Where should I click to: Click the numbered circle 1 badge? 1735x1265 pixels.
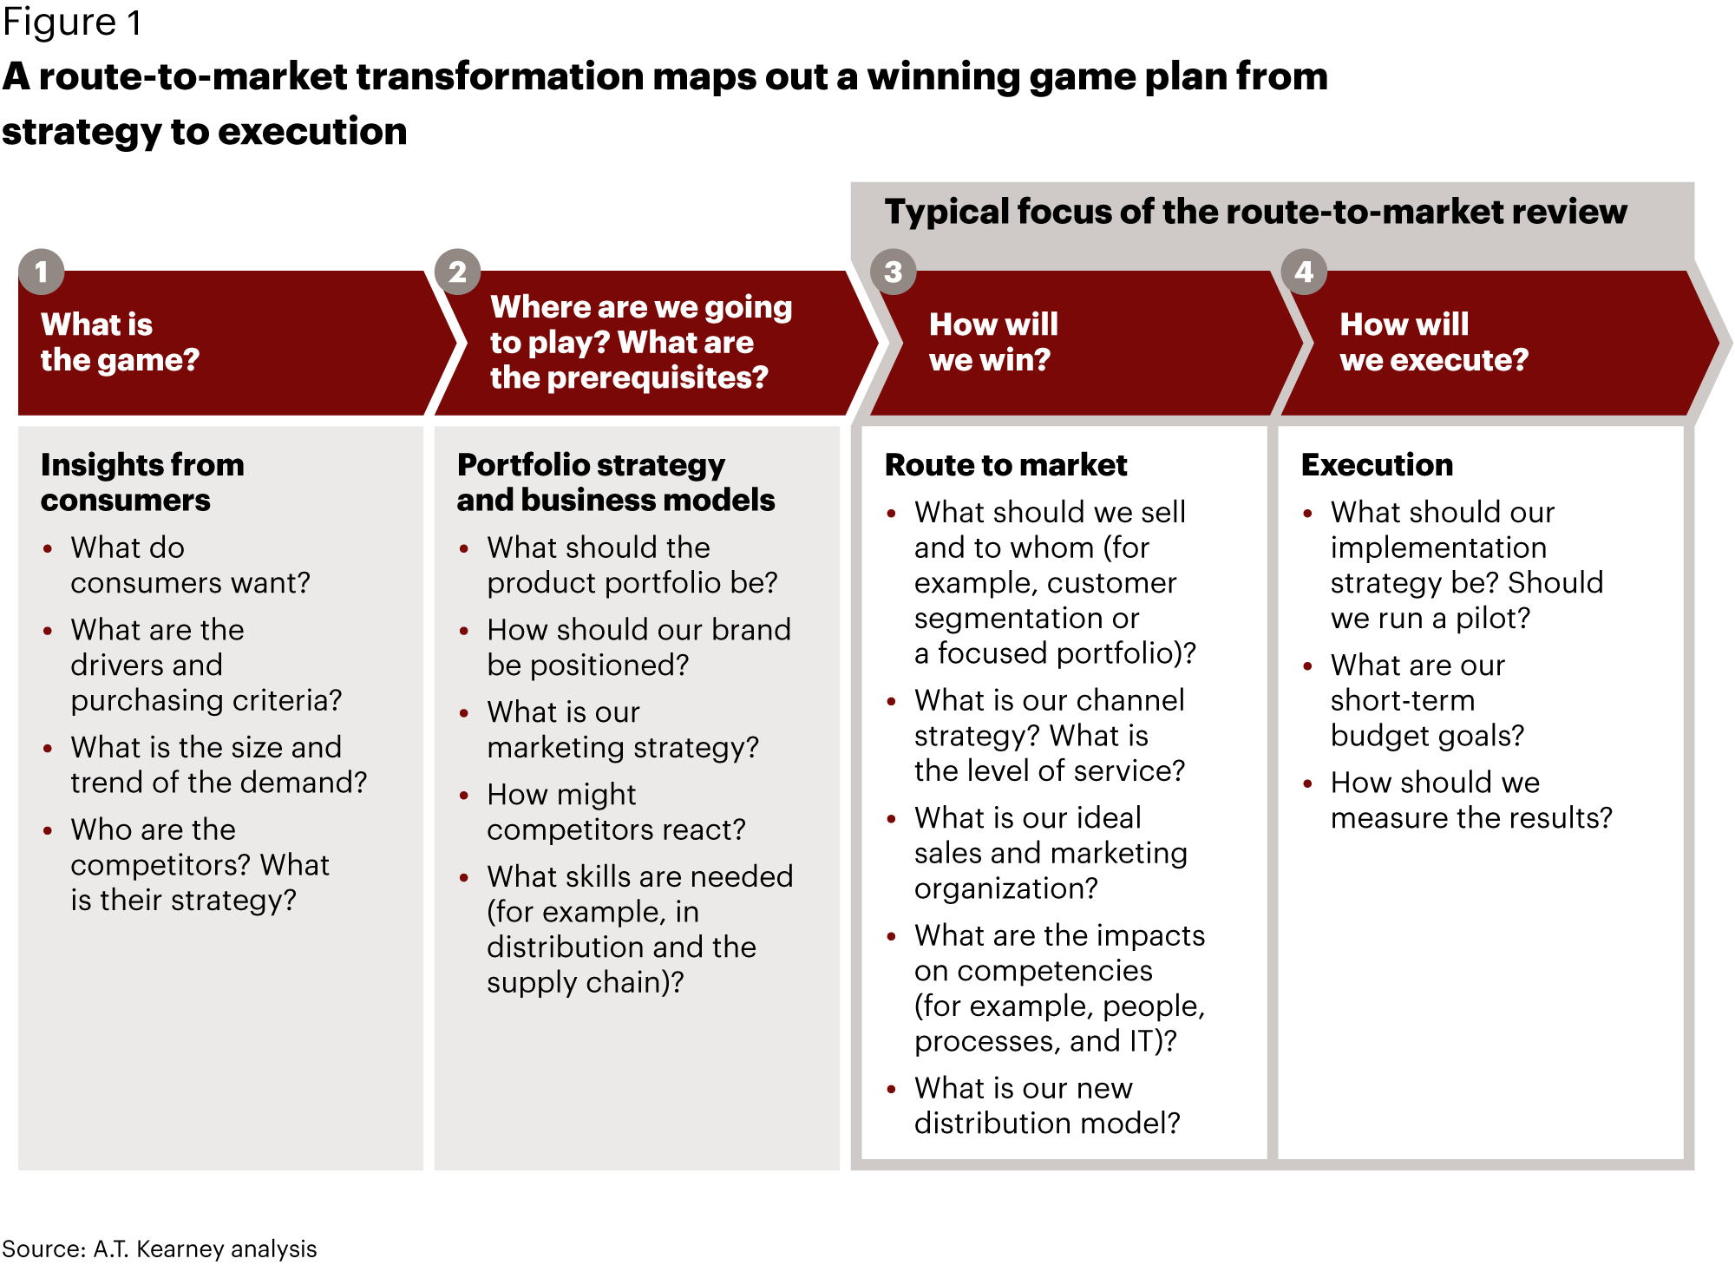pyautogui.click(x=41, y=272)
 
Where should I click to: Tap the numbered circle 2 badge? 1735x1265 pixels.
pyautogui.click(x=457, y=272)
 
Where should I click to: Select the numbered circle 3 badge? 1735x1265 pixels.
pyautogui.click(x=894, y=272)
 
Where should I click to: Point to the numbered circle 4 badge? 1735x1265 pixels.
pyautogui.click(x=1304, y=272)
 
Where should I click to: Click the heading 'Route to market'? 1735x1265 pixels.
pyautogui.click(x=1005, y=465)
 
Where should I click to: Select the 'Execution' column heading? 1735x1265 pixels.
pyautogui.click(x=1377, y=465)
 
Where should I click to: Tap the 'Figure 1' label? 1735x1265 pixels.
pyautogui.click(x=72, y=23)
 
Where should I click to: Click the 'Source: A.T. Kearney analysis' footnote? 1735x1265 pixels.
pyautogui.click(x=160, y=1249)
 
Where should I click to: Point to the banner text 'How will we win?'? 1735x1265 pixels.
pyautogui.click(x=993, y=342)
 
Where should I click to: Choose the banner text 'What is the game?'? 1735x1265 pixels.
pyautogui.click(x=120, y=342)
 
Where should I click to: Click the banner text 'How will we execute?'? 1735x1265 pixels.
pyautogui.click(x=1434, y=342)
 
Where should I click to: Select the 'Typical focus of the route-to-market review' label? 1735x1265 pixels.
pyautogui.click(x=1255, y=212)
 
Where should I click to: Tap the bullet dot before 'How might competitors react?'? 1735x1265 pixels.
pyautogui.click(x=464, y=795)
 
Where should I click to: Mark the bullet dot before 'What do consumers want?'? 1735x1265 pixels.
pyautogui.click(x=48, y=548)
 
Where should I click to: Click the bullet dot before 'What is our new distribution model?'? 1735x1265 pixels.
pyautogui.click(x=891, y=1089)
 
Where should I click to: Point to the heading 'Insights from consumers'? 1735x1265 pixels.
pyautogui.click(x=142, y=482)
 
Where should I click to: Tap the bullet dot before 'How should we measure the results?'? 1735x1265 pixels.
pyautogui.click(x=1307, y=783)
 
